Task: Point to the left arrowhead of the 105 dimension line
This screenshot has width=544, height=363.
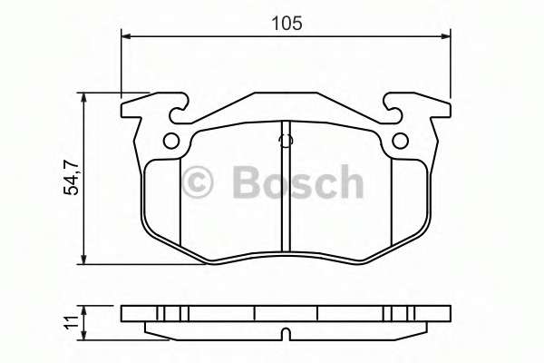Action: pyautogui.click(x=127, y=36)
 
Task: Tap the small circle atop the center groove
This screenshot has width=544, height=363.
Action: pyautogui.click(x=286, y=141)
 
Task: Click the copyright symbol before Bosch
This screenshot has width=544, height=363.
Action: pyautogui.click(x=198, y=181)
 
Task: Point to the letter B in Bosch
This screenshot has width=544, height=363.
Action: pyautogui.click(x=248, y=181)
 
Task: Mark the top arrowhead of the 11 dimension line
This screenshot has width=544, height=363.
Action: pyautogui.click(x=84, y=309)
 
